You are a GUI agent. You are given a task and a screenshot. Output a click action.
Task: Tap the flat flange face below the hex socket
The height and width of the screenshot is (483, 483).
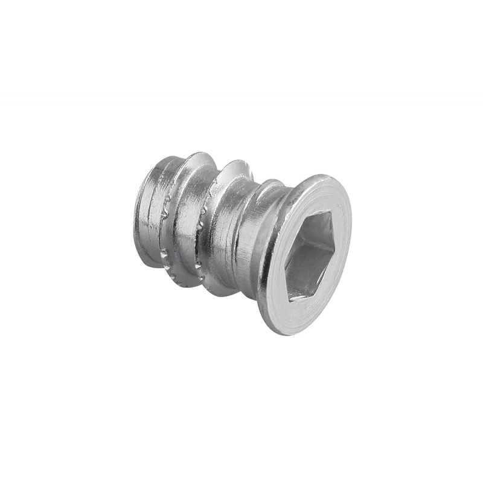click(290, 317)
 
